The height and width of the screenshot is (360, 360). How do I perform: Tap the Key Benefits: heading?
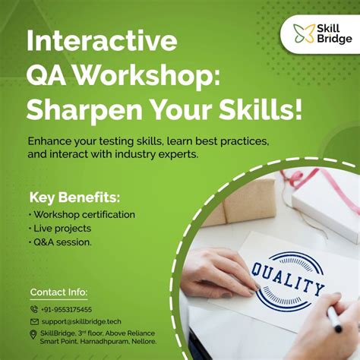(x=74, y=197)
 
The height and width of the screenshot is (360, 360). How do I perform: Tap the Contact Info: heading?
(x=58, y=292)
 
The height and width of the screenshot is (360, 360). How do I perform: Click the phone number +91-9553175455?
(x=66, y=309)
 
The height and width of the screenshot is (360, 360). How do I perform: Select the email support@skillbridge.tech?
(x=81, y=321)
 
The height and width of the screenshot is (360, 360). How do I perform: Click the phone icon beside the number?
(x=33, y=309)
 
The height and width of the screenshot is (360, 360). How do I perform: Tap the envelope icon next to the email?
(x=33, y=321)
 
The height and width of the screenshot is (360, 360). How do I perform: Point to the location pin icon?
(x=33, y=334)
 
